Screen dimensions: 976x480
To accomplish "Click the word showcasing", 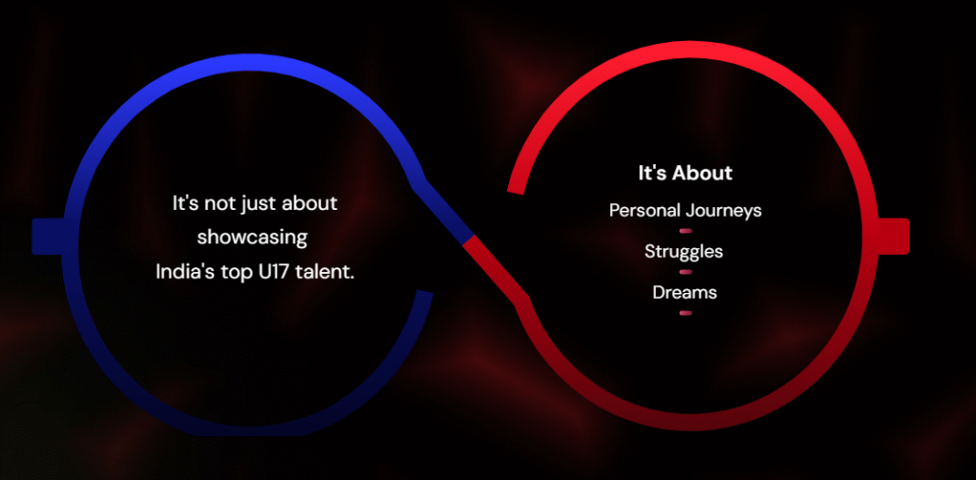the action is [x=252, y=238].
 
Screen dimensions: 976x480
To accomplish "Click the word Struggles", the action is [x=683, y=252].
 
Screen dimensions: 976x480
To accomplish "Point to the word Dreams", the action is [x=684, y=292].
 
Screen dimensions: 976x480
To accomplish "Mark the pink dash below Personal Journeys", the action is [x=685, y=231].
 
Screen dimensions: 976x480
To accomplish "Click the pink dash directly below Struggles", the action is [x=685, y=272].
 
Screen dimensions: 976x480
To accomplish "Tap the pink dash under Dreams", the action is [x=685, y=312].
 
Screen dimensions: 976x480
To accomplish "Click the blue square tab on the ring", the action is [x=48, y=237].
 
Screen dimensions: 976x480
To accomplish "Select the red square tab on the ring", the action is [x=893, y=237].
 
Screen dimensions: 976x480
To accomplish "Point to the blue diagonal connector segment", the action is [x=443, y=210].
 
